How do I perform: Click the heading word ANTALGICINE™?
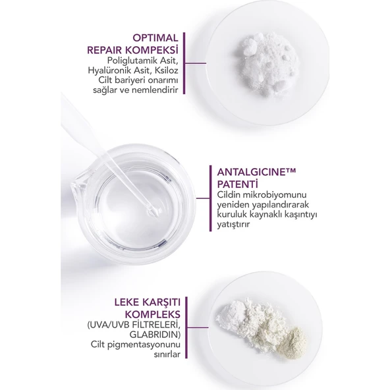point(253,173)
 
